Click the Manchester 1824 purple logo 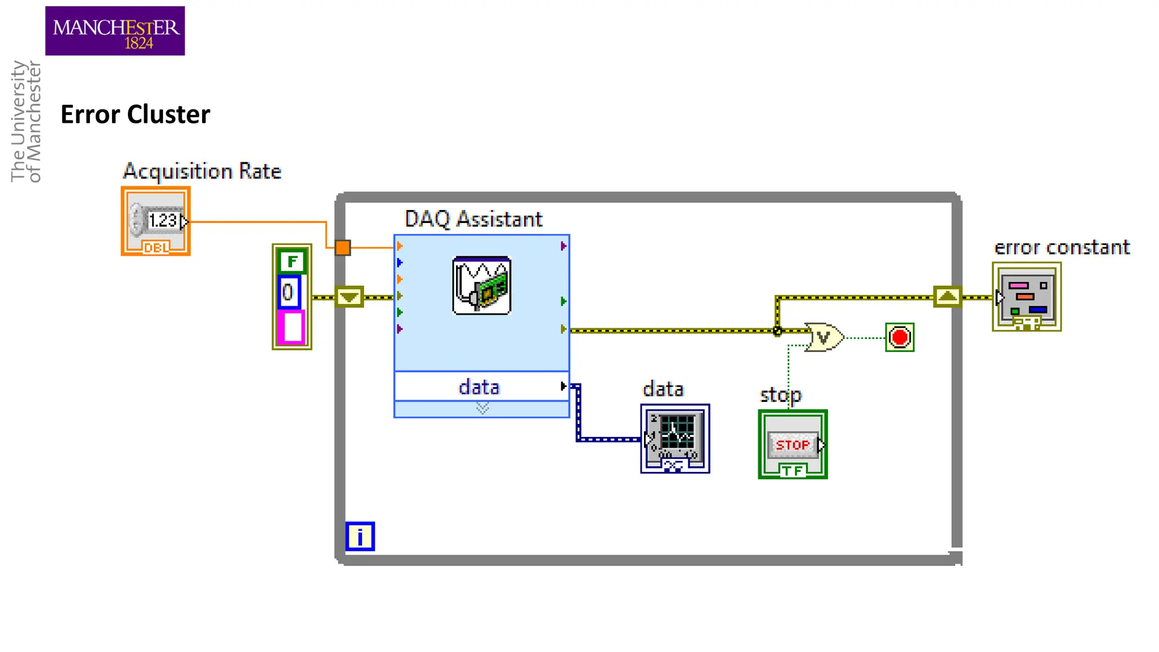coord(115,31)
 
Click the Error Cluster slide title coord(135,114)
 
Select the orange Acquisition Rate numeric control coord(156,221)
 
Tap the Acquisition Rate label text coord(202,171)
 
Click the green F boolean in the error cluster coord(291,261)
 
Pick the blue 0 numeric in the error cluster coord(289,293)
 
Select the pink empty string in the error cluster coord(292,327)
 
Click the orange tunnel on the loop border coord(342,247)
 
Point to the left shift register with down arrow coord(349,297)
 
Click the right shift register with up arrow coord(947,297)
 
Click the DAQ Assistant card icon coord(482,285)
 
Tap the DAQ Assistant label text coord(474,219)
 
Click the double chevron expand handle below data coord(482,408)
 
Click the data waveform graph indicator coord(675,439)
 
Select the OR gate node coord(824,337)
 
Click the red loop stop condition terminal coord(899,337)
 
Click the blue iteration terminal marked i coord(360,536)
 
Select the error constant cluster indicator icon coord(1027,297)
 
